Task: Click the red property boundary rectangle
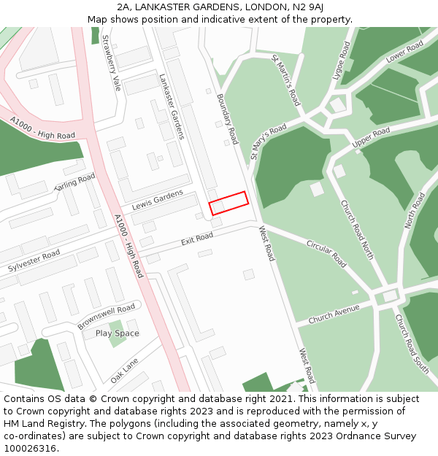pyautogui.click(x=229, y=203)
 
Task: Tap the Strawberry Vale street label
pyautogui.click(x=112, y=63)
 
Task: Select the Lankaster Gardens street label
pyautogui.click(x=172, y=106)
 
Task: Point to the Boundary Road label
pyautogui.click(x=228, y=117)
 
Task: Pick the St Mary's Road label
pyautogui.click(x=269, y=142)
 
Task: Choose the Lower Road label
pyautogui.click(x=405, y=52)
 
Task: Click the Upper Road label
pyautogui.click(x=371, y=139)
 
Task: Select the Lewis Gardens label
pyautogui.click(x=158, y=198)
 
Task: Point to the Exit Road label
pyautogui.click(x=197, y=239)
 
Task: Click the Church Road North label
pyautogui.click(x=357, y=230)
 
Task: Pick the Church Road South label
pyautogui.click(x=412, y=344)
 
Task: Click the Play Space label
pyautogui.click(x=117, y=333)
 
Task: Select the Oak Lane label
pyautogui.click(x=124, y=370)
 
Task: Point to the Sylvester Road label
pyautogui.click(x=34, y=260)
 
